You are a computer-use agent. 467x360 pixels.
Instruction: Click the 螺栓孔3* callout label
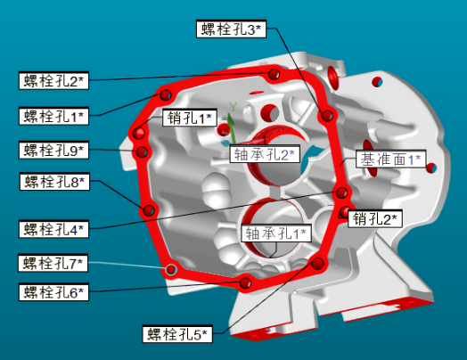click(231, 29)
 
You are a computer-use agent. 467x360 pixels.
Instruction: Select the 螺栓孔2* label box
click(53, 80)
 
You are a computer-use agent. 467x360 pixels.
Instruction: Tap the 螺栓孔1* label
click(53, 116)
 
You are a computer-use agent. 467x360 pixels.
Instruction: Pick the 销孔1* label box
click(190, 118)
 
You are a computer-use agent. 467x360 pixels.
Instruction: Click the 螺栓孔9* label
click(53, 150)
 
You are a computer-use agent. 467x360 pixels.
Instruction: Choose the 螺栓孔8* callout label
click(54, 182)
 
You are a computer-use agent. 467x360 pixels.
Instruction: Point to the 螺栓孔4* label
click(53, 229)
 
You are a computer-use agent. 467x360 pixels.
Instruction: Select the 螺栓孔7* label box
click(53, 263)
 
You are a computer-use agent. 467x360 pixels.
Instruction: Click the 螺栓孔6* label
click(53, 291)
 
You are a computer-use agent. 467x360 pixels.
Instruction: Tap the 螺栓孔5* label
click(177, 334)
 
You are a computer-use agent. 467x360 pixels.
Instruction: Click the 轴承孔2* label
click(265, 154)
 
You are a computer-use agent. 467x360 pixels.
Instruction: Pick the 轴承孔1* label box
click(276, 233)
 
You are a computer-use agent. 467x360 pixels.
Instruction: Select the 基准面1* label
click(391, 159)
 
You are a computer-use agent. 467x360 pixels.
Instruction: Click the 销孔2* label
click(375, 219)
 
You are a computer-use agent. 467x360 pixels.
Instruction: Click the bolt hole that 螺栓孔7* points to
click(171, 270)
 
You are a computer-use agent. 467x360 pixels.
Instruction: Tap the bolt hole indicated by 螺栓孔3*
click(327, 116)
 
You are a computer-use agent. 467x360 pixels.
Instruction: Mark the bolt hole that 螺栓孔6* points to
click(245, 282)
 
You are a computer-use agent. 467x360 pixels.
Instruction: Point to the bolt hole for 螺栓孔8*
click(148, 210)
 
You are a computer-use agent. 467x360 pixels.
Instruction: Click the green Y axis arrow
click(232, 128)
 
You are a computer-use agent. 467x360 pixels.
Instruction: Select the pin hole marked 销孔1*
click(139, 133)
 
